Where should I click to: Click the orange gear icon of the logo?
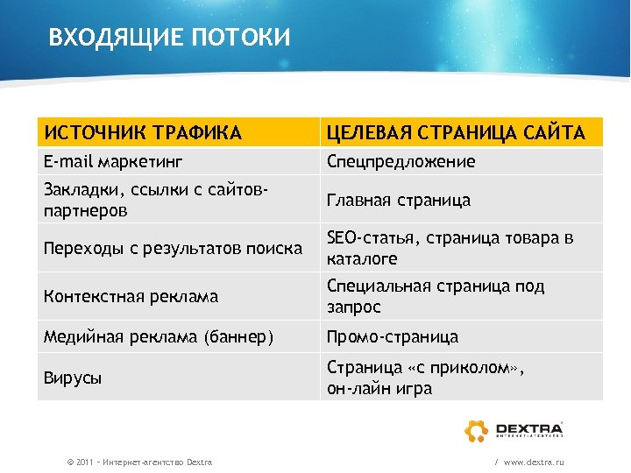[477, 430]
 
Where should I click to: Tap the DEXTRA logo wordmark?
[529, 427]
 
